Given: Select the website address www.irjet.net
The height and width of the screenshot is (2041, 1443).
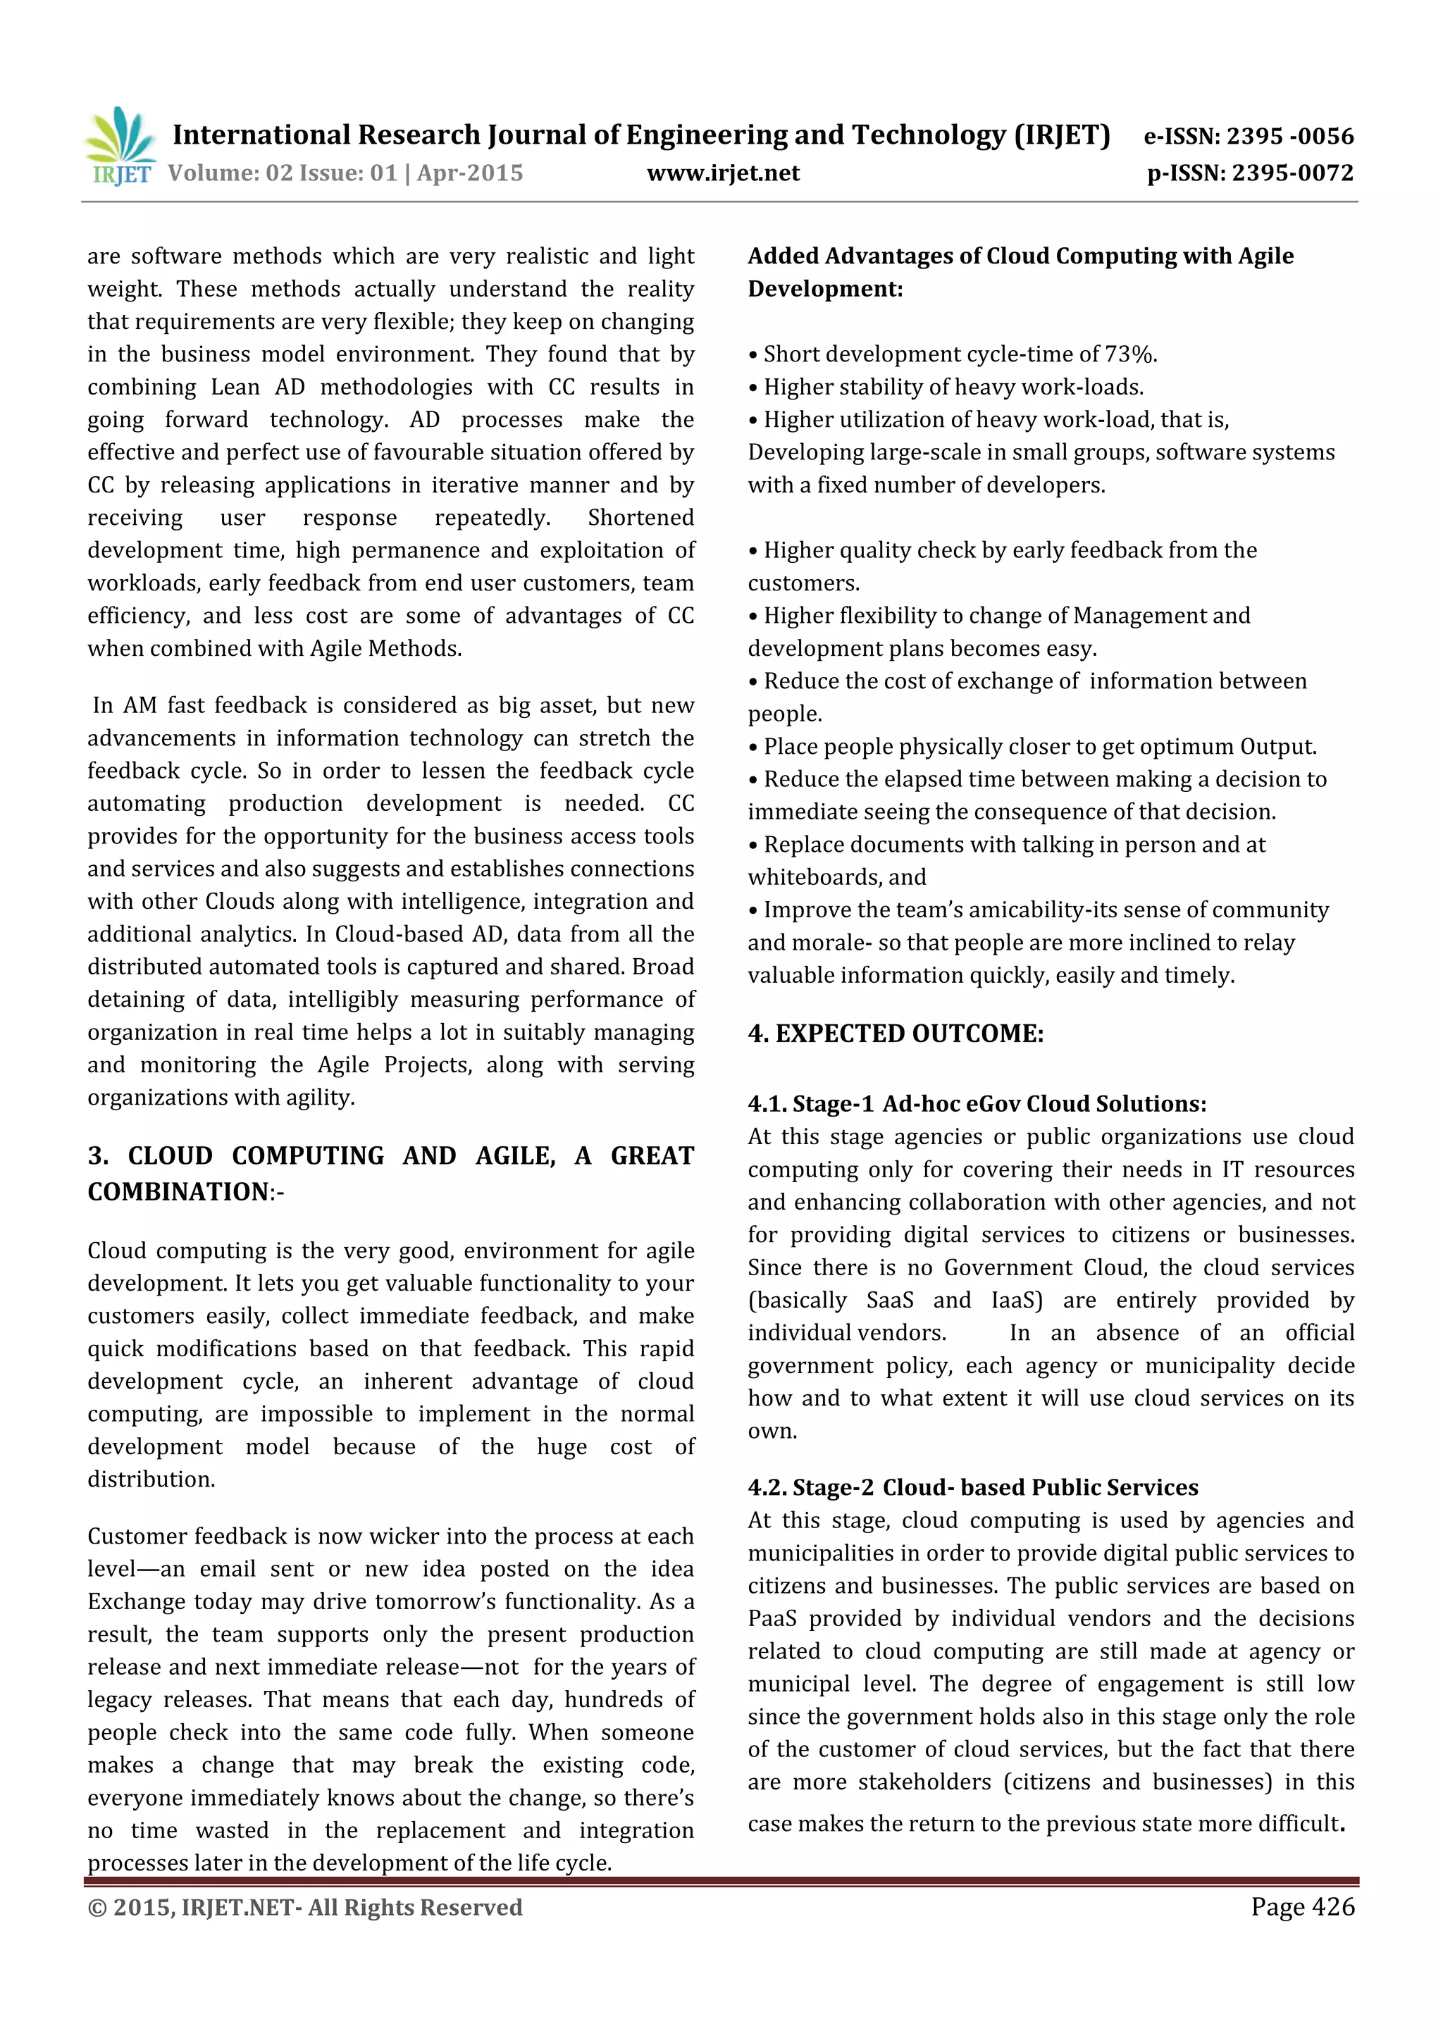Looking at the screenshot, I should click(723, 173).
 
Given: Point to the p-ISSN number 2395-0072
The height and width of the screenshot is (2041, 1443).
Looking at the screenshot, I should click(1293, 173).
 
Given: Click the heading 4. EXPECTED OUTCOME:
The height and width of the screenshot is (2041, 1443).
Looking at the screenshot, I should click(896, 1034).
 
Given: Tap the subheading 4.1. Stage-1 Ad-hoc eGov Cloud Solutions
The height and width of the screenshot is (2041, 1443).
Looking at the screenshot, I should click(977, 1104).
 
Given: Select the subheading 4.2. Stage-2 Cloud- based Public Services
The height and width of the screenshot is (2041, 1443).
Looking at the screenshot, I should click(972, 1488).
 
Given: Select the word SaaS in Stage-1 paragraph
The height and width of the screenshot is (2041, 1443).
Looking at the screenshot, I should click(889, 1301).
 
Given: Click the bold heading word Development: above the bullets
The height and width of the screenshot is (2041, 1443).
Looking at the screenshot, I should click(824, 290).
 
